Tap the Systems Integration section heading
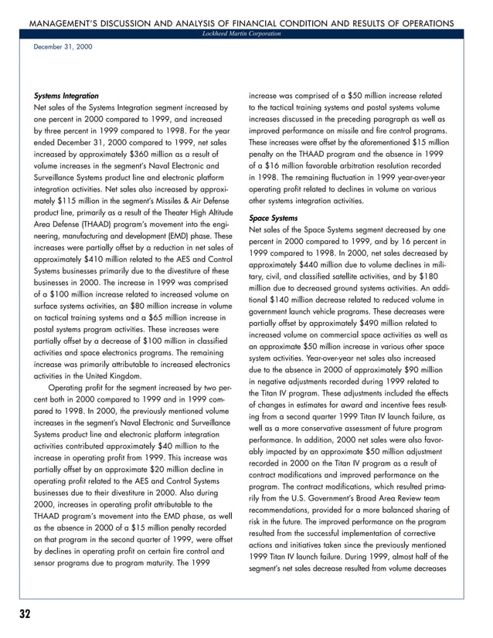point(66,96)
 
